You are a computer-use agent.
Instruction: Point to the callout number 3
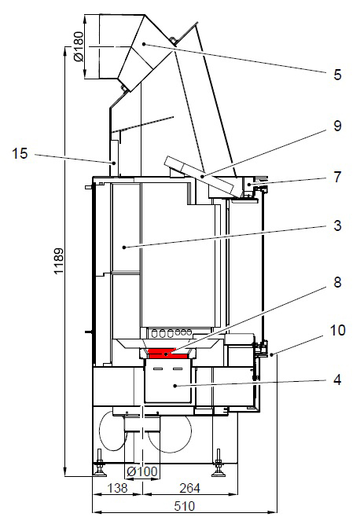[x=337, y=226]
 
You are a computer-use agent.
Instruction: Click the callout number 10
[x=337, y=332]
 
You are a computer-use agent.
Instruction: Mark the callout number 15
[x=20, y=155]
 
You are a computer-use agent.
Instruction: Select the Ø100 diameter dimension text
[x=142, y=471]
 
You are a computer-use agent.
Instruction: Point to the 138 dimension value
[x=116, y=488]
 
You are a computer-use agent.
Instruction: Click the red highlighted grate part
[x=167, y=355]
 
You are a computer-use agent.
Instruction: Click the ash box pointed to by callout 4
[x=167, y=385]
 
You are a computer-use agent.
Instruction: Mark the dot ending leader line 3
[x=124, y=247]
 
